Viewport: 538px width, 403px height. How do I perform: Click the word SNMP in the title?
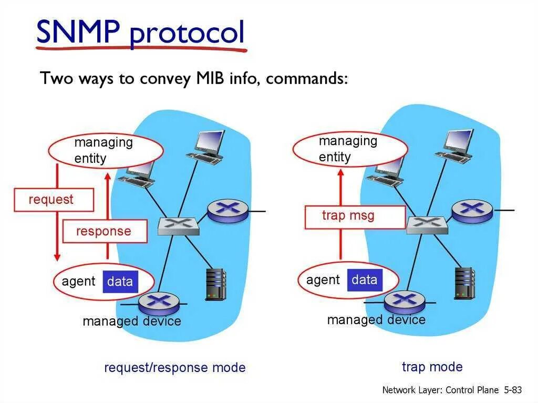click(x=78, y=32)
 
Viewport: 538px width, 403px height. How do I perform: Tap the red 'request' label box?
click(x=53, y=200)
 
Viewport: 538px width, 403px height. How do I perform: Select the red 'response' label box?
click(x=104, y=232)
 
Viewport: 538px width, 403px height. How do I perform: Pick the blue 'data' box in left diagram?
click(x=120, y=282)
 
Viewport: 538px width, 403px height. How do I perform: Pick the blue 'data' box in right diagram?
click(x=365, y=280)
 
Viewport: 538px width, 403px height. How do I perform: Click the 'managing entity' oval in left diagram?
click(x=106, y=150)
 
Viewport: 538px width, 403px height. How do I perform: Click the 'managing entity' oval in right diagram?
click(x=349, y=149)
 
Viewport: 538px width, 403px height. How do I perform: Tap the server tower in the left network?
click(x=215, y=284)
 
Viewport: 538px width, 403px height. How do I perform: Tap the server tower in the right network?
click(x=464, y=283)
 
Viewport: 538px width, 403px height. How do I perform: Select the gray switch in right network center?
click(x=427, y=224)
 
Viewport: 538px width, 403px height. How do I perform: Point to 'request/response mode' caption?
click(x=175, y=367)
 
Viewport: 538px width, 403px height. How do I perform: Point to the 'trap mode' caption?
click(x=432, y=366)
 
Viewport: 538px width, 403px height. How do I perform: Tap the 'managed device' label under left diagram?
click(x=131, y=321)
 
